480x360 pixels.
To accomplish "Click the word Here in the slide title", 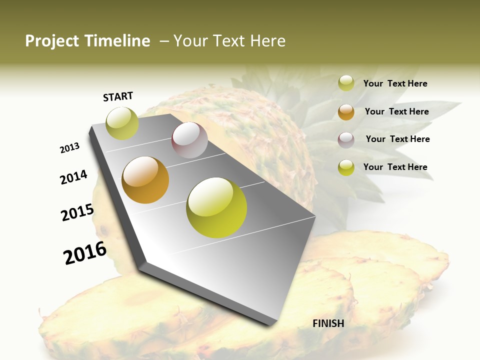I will (267, 41).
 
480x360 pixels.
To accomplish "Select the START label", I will (118, 96).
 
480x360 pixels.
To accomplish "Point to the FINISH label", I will (328, 323).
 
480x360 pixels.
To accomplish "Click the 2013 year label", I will (70, 148).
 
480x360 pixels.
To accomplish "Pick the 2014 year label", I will (74, 177).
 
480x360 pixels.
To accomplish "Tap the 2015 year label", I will (77, 212).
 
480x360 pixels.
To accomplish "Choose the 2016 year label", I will (85, 253).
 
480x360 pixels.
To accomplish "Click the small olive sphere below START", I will (122, 123).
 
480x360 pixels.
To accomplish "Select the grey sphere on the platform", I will (189, 140).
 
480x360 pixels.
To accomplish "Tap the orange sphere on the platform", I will (145, 180).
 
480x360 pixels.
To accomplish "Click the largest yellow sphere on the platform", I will (216, 207).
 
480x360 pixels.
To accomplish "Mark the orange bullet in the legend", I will (346, 112).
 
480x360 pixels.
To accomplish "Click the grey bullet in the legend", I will (346, 140).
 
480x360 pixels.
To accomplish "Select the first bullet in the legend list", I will (346, 83).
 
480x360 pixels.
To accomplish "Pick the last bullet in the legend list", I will (346, 167).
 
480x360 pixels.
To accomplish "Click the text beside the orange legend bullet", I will (397, 111).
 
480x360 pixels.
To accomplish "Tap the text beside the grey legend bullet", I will (398, 139).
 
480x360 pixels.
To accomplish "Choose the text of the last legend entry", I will (395, 167).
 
